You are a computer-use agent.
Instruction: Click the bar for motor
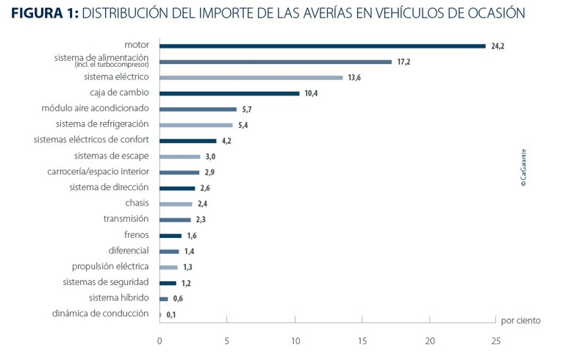[323, 46]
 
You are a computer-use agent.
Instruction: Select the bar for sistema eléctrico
[251, 77]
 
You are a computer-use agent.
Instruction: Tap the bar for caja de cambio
[229, 93]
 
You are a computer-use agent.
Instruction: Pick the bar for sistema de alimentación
[276, 62]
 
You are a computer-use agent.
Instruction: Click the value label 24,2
[498, 46]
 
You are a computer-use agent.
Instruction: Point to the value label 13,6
[354, 77]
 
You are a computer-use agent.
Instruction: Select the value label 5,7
[247, 109]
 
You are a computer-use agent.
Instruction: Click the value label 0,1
[171, 314]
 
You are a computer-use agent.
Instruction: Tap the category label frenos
[137, 235]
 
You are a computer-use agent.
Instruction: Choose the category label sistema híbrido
[119, 298]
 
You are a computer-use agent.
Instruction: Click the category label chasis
[137, 203]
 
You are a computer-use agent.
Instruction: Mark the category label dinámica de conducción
[101, 314]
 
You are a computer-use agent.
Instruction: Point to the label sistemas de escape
[112, 156]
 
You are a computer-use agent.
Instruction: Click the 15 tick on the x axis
[362, 341]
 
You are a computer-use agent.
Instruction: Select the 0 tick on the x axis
[159, 341]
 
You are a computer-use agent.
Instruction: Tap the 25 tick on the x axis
[496, 341]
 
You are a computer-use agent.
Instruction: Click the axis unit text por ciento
[520, 320]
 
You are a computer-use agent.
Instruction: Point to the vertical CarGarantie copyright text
[523, 168]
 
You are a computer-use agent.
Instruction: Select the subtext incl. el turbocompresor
[112, 65]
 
